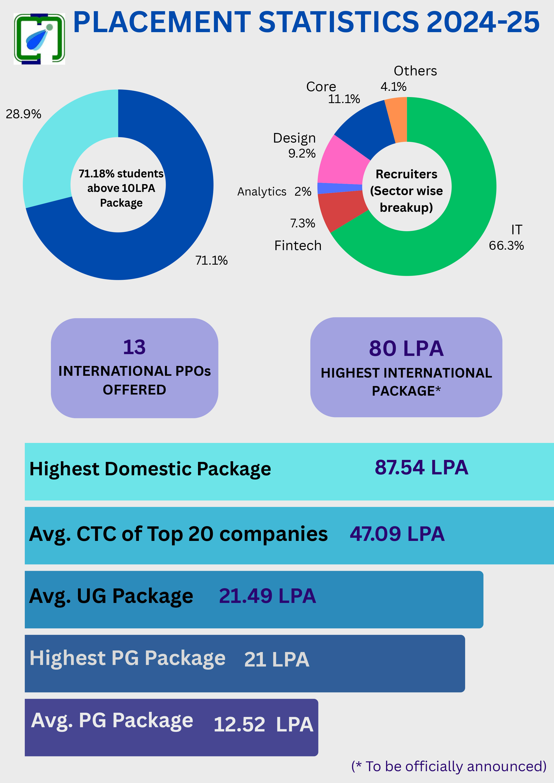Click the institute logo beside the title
(x=39, y=39)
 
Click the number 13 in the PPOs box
(x=134, y=347)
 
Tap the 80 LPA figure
(x=406, y=349)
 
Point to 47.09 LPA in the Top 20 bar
(x=397, y=534)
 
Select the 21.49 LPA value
(x=267, y=596)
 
